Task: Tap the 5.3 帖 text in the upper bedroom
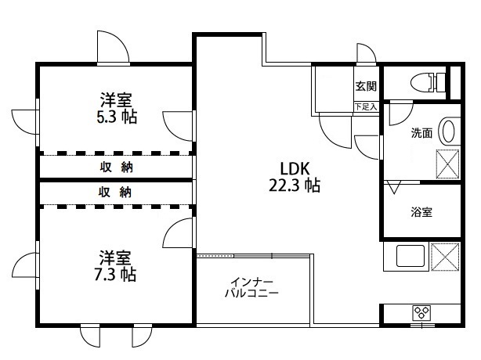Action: [x=115, y=117]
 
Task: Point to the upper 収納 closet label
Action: [x=115, y=167]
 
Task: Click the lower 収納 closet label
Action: [x=115, y=192]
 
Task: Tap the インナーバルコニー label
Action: [x=252, y=287]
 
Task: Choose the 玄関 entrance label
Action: [x=365, y=87]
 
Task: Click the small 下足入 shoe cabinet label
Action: [x=366, y=106]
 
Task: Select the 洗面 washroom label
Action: [x=422, y=133]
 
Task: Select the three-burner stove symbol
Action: [x=422, y=312]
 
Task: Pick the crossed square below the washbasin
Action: [x=447, y=164]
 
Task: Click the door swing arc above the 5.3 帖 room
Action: [x=111, y=46]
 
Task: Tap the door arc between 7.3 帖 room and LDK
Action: [x=179, y=232]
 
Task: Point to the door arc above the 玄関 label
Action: [x=367, y=53]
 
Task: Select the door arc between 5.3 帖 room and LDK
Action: [x=179, y=124]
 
